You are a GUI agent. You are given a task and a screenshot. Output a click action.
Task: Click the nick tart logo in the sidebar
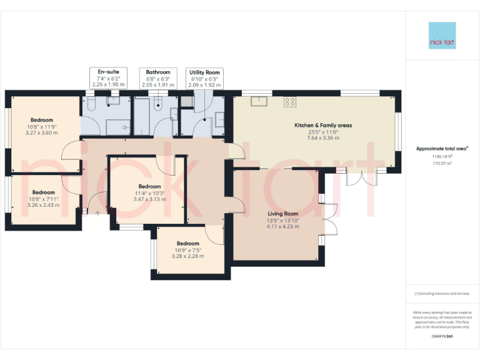[442, 36]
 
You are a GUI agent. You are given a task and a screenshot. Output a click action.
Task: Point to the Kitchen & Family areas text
[323, 125]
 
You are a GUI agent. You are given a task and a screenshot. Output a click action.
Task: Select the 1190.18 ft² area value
[442, 157]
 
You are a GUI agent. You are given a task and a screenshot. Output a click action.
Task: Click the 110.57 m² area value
[442, 163]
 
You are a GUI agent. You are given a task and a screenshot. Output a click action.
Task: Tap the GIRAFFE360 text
[442, 336]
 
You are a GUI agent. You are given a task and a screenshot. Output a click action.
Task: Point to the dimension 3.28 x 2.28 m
[190, 256]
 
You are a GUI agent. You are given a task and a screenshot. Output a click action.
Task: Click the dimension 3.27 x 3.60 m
[42, 132]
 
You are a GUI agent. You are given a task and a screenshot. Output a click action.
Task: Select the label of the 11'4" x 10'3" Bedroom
[149, 186]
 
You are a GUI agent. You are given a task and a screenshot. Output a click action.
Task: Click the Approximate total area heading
[442, 149]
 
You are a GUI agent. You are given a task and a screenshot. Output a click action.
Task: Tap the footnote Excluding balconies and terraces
[442, 294]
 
